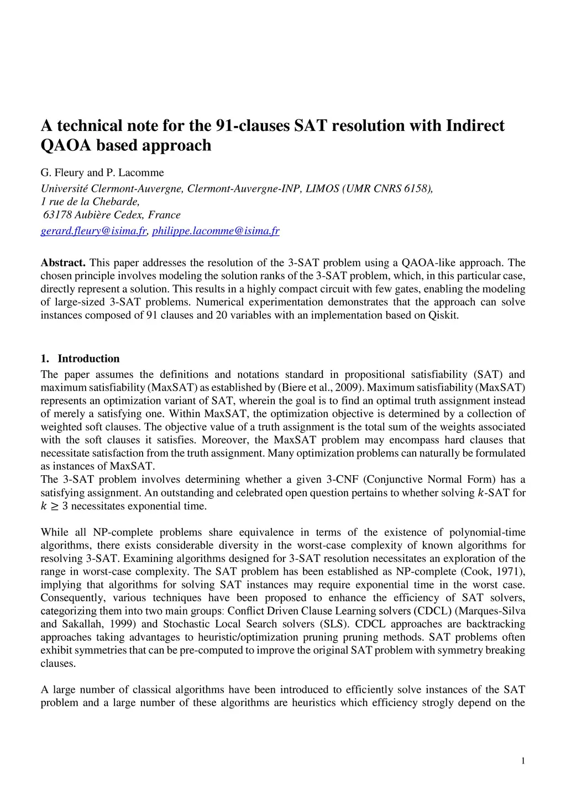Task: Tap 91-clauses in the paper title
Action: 251,126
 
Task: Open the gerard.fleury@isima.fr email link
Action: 93,231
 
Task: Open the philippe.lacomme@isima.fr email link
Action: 216,231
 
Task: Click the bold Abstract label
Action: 63,263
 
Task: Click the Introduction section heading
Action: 88,359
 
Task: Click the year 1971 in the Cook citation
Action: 510,572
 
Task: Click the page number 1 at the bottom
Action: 523,761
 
